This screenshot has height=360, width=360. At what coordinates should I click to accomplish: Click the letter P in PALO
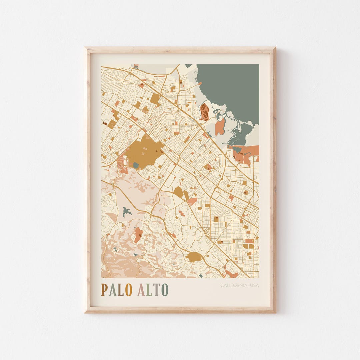coord(104,290)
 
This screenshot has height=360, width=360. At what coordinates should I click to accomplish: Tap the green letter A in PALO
coord(112,290)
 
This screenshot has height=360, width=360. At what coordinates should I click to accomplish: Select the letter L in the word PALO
coord(120,290)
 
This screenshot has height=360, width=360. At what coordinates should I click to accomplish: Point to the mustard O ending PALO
coord(129,290)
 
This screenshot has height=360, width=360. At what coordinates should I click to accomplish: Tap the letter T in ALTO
coord(157,290)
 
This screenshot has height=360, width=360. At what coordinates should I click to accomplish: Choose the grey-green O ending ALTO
coord(165,290)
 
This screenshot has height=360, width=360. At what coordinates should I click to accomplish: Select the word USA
coord(254,285)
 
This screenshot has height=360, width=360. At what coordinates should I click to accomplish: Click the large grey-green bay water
coord(233,87)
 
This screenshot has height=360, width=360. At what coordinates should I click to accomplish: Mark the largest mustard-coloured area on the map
coord(145,152)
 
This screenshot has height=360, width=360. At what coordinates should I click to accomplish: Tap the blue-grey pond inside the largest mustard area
coord(136,165)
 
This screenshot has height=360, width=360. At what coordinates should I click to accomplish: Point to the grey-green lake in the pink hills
coord(126,212)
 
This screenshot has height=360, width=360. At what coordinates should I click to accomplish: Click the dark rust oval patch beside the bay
coord(204,112)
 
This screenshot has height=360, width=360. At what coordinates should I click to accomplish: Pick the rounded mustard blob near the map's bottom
coord(194,257)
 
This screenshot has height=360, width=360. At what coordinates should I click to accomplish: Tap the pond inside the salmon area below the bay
coord(237,149)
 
